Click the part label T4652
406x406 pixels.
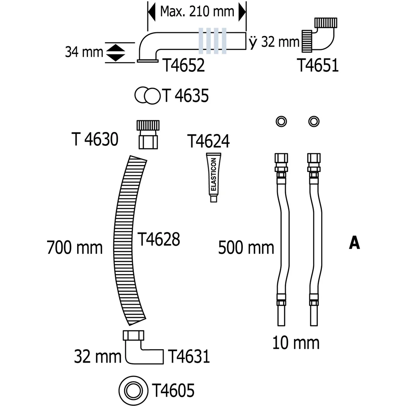[x=184, y=65]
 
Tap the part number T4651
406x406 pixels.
[x=318, y=65]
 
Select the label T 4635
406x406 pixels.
[x=186, y=95]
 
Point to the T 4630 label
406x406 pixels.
[x=95, y=139]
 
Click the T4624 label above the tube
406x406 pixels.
[x=208, y=141]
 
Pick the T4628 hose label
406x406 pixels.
[x=158, y=239]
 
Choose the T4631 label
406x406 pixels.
[x=189, y=356]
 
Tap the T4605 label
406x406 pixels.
[x=173, y=390]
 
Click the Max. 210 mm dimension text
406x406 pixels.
[x=197, y=11]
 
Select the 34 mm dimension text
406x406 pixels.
[x=84, y=52]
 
